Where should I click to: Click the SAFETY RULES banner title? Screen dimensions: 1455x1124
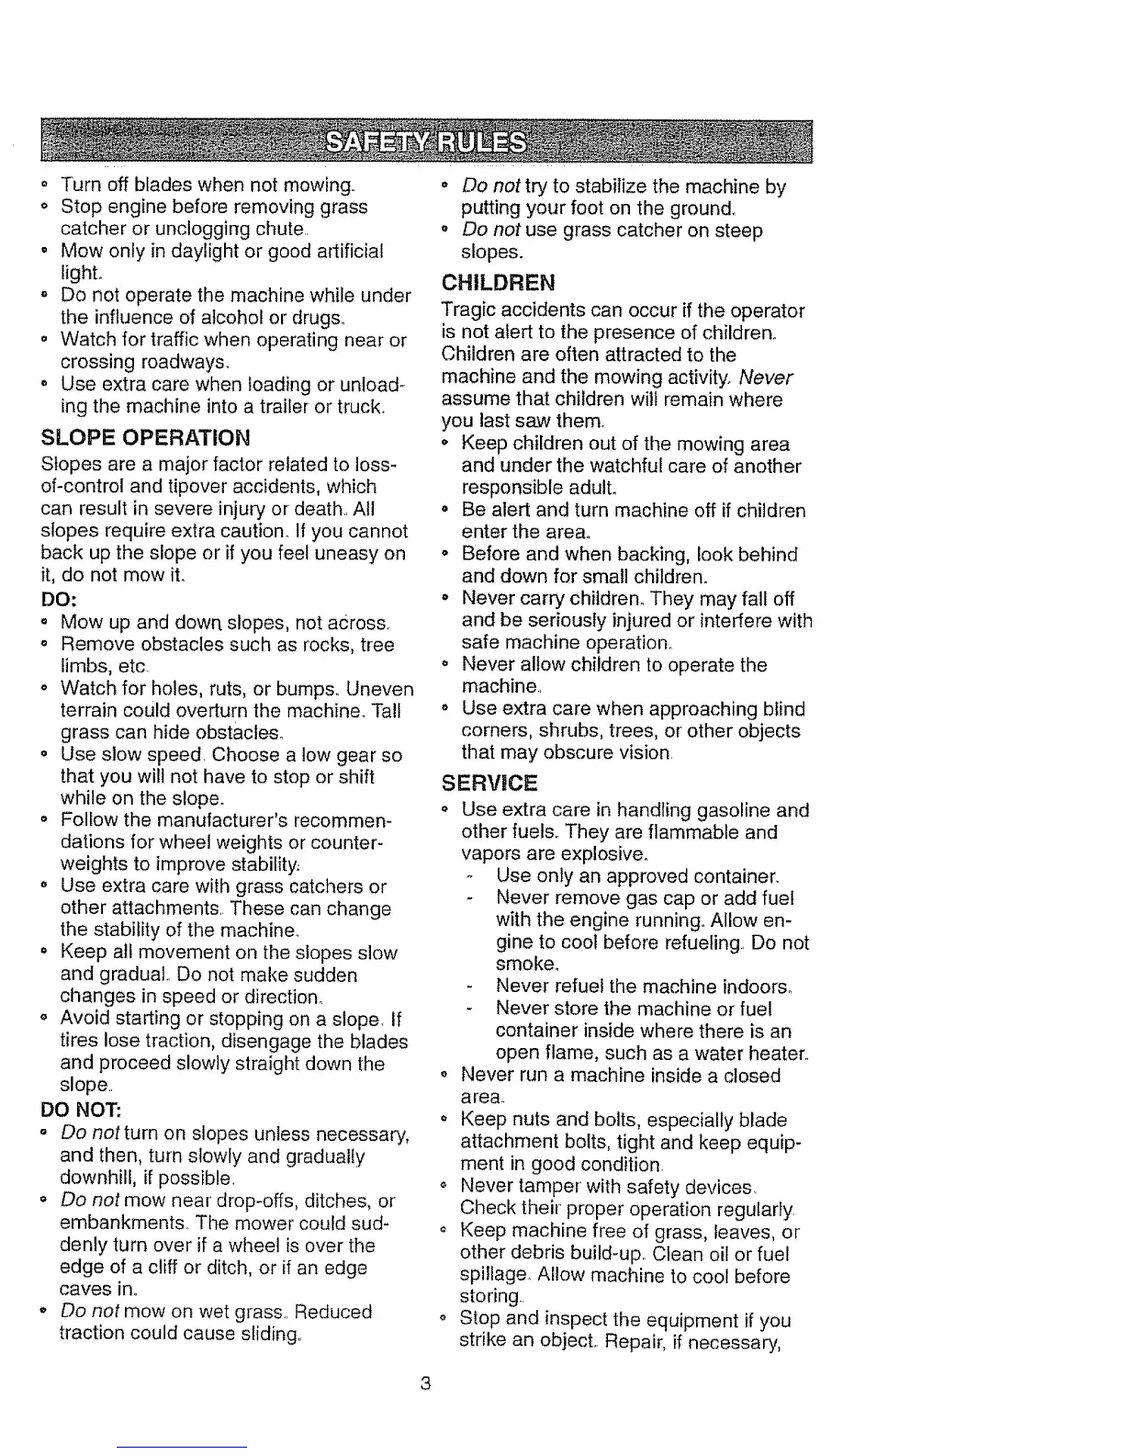429,143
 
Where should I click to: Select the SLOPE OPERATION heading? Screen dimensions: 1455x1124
145,435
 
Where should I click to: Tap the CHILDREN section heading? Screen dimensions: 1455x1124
499,281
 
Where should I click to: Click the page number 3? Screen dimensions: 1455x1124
424,1383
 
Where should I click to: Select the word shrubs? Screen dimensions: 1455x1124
556,731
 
